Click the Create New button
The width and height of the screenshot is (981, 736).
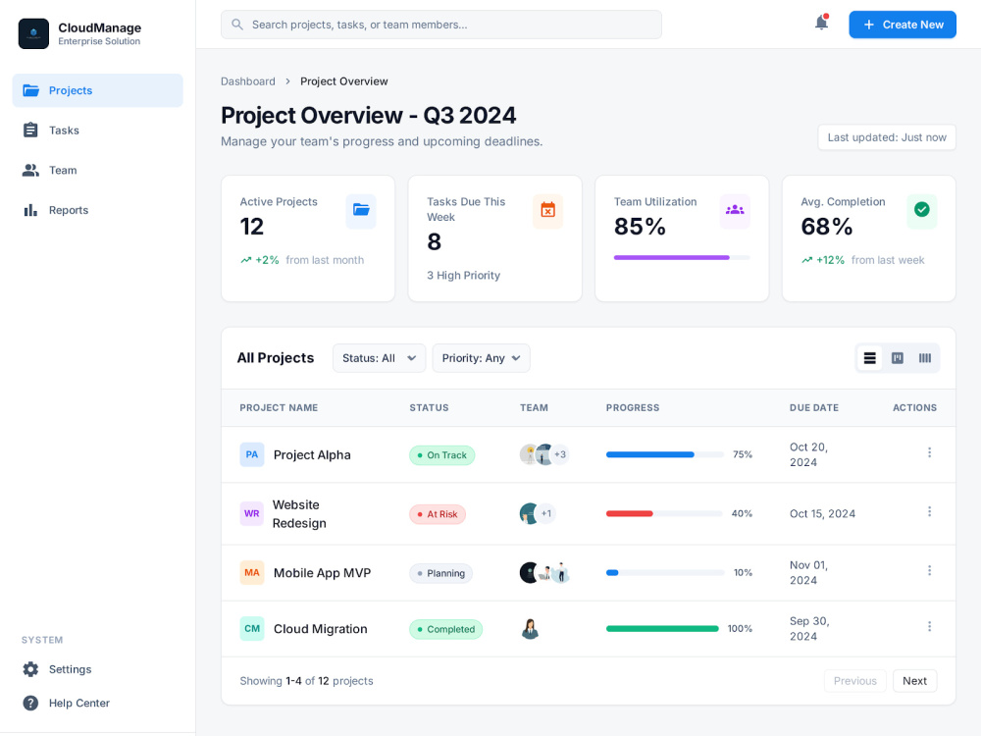[x=903, y=25]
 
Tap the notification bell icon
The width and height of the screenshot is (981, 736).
[x=821, y=23]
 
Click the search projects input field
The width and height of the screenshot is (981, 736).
[x=441, y=25]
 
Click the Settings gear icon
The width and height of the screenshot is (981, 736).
[x=30, y=669]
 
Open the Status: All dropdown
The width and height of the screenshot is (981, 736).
[x=379, y=358]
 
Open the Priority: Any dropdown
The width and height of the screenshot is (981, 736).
[x=481, y=358]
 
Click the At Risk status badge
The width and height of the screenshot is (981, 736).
[x=438, y=514]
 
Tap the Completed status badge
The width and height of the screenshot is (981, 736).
[x=445, y=629]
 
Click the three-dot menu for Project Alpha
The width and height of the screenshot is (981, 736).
[x=929, y=452]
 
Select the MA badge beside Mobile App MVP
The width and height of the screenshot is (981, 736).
[x=251, y=573]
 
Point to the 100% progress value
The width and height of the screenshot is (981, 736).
[x=740, y=629]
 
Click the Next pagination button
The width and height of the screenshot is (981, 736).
[x=914, y=681]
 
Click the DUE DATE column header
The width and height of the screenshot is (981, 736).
[x=814, y=407]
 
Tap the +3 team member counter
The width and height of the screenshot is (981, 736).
[x=560, y=454]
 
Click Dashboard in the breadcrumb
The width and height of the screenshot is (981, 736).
[x=248, y=81]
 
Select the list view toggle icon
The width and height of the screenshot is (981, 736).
[x=869, y=358]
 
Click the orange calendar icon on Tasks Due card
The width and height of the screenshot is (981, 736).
[x=548, y=210]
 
